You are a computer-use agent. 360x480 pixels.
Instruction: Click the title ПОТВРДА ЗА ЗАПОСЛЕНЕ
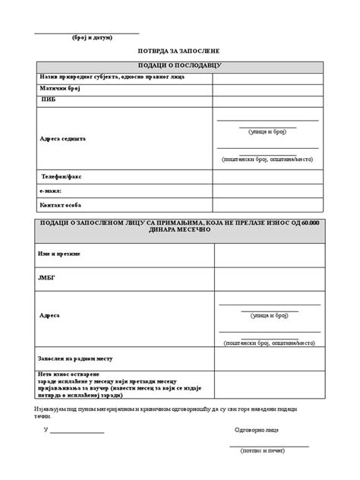(178, 52)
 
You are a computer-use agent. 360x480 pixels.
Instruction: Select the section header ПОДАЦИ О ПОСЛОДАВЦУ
(179, 66)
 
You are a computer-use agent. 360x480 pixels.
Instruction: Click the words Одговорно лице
(257, 430)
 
